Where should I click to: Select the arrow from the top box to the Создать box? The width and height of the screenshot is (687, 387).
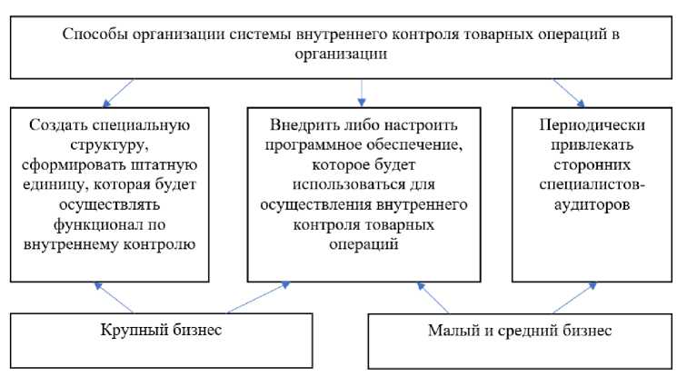point(119,93)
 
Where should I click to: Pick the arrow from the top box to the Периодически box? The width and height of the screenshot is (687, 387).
point(568,93)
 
